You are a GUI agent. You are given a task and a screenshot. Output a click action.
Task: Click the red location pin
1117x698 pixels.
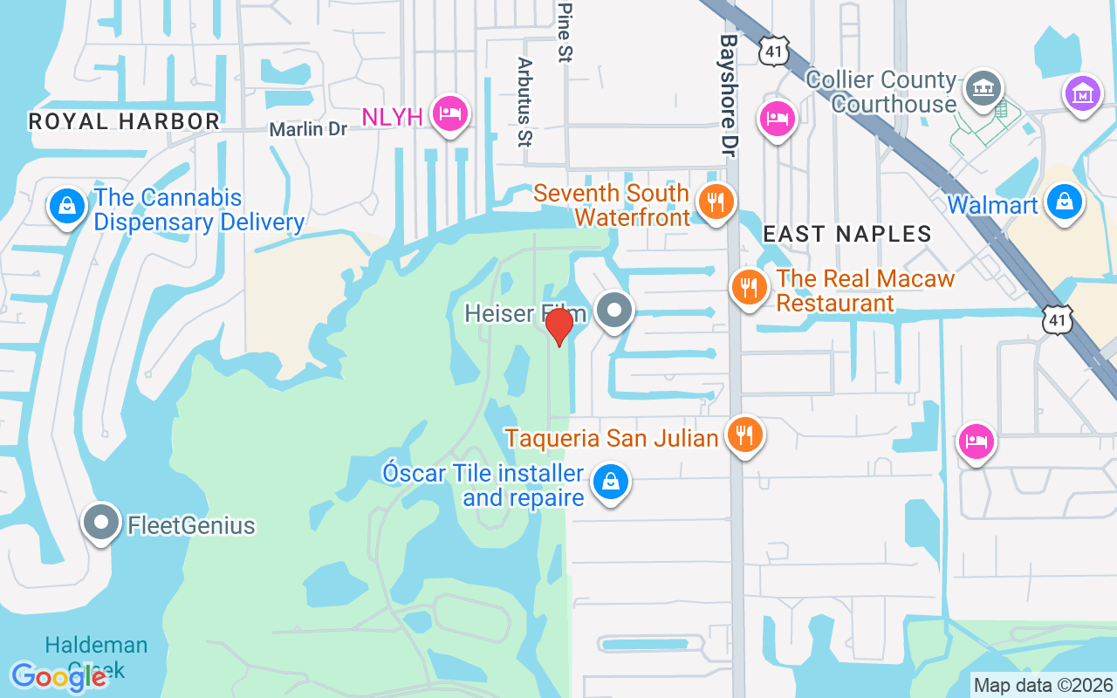pos(558,326)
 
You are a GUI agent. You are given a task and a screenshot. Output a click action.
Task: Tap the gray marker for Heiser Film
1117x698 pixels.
pos(615,311)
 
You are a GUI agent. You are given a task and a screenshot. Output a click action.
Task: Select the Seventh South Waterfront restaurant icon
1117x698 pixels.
pos(716,203)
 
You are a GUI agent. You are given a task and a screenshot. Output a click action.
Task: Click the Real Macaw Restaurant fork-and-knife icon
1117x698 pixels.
pos(749,287)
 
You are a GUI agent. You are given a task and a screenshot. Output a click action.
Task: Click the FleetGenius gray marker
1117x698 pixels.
pos(101,523)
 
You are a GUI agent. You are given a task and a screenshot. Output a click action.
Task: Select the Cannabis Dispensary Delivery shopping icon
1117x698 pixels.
pos(67,207)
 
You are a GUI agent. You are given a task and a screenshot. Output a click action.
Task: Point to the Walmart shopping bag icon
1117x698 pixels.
pos(1064,202)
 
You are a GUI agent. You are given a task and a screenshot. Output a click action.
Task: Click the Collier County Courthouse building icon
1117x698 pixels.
pos(983,88)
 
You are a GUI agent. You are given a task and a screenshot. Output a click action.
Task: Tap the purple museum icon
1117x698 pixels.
pos(1083,92)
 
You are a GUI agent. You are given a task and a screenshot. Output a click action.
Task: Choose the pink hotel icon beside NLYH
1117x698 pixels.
pos(451,114)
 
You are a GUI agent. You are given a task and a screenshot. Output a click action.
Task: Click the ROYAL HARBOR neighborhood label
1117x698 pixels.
pos(124,121)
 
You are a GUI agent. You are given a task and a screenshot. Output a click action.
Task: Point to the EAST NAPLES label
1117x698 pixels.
pos(847,234)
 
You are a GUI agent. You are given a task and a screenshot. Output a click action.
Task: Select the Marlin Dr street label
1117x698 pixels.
pos(308,130)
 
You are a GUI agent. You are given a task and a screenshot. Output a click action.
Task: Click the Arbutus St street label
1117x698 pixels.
pos(525,102)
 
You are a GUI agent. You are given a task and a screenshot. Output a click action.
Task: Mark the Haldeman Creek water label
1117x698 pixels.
pos(96,657)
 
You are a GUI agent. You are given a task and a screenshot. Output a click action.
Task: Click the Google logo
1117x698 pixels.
pos(58,677)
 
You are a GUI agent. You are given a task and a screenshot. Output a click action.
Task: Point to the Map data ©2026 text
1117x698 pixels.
pos(1043,685)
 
